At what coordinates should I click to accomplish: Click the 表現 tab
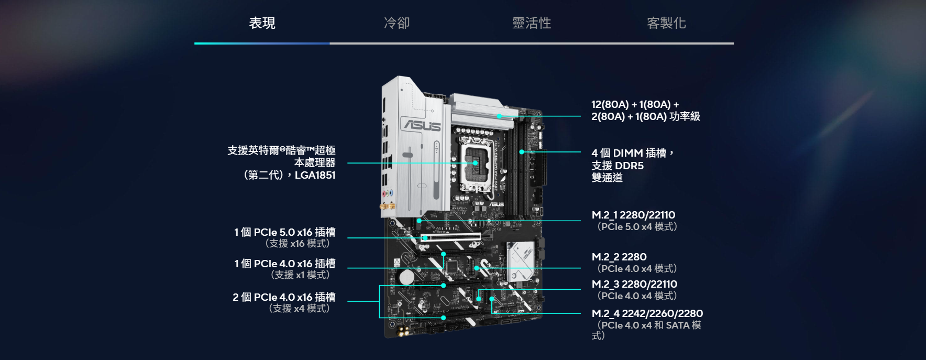pos(262,23)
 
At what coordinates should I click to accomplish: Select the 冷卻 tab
pos(396,23)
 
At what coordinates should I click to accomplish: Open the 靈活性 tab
pos(532,23)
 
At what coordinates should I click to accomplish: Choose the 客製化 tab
pos(666,23)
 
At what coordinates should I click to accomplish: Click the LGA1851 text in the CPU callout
pos(315,175)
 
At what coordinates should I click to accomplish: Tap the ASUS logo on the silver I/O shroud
pos(422,125)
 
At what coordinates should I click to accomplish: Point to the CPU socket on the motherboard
pos(476,163)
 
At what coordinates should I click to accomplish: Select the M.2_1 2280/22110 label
pos(633,215)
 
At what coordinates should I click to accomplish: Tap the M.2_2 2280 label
pos(619,257)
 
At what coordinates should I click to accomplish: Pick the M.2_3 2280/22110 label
pos(634,284)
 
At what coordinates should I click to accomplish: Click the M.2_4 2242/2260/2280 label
pos(647,313)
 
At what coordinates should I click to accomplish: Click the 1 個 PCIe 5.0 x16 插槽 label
pos(285,232)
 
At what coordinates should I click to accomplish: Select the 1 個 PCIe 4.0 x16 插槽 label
pos(285,264)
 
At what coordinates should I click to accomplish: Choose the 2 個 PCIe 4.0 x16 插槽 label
pos(284,297)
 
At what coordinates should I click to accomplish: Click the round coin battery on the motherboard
pos(406,277)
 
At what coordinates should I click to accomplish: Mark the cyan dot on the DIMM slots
pos(522,152)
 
